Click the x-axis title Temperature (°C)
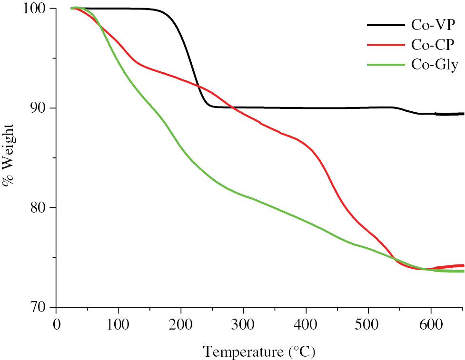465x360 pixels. point(259,351)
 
